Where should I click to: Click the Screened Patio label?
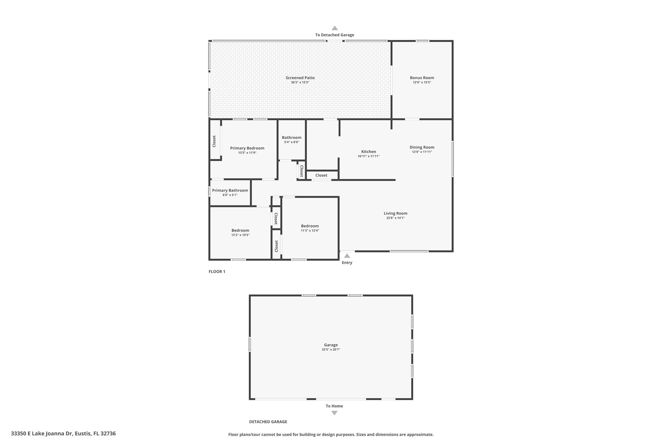point(300,78)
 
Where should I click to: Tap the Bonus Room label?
point(422,78)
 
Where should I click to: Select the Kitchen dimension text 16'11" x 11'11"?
point(368,156)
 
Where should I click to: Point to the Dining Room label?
point(422,147)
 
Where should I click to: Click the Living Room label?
point(395,213)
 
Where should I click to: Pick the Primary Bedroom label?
point(247,148)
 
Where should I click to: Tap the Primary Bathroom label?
point(230,191)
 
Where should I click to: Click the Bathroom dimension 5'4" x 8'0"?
point(292,142)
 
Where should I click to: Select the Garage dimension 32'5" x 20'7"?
point(331,350)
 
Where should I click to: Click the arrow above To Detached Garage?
point(335,28)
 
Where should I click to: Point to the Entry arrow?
point(347,256)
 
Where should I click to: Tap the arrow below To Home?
point(335,413)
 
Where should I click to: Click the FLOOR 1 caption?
point(217,272)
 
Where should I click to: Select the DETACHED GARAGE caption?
point(268,422)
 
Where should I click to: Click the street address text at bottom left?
point(63,434)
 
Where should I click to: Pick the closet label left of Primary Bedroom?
point(214,141)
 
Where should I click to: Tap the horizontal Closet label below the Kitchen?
point(321,175)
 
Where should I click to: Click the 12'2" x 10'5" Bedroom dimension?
point(240,235)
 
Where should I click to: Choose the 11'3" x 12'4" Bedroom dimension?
point(310,231)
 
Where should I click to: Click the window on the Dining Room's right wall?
point(452,159)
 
